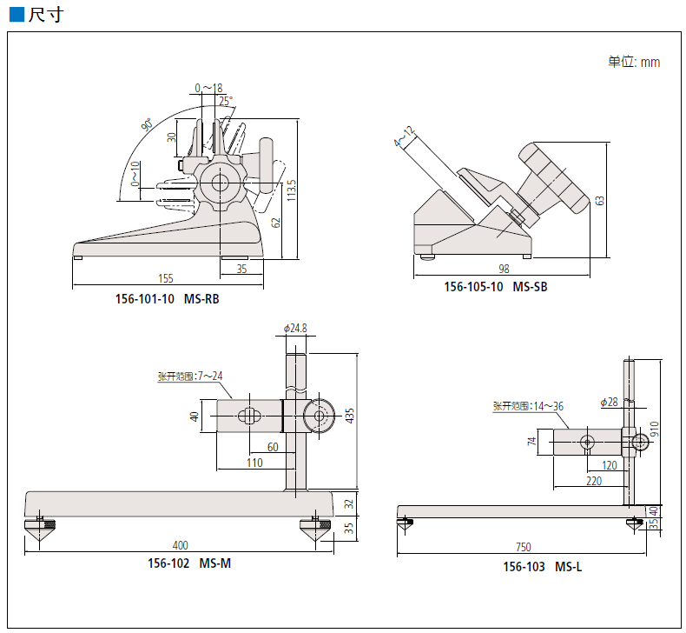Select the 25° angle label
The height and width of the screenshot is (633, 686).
tap(226, 101)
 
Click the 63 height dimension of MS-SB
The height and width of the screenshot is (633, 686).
tap(599, 200)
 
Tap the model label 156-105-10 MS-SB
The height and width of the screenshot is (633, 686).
tap(496, 287)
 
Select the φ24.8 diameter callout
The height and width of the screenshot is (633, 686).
tap(295, 328)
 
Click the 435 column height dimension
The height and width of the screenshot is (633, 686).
tap(350, 415)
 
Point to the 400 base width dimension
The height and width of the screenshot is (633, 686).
tap(180, 545)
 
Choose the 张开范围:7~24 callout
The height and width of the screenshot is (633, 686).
tap(189, 376)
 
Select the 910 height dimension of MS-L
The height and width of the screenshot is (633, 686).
tap(654, 430)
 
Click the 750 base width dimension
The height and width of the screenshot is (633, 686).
tap(523, 547)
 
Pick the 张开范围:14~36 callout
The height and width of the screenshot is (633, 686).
tap(528, 406)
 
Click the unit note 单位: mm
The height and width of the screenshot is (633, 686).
tap(634, 62)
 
